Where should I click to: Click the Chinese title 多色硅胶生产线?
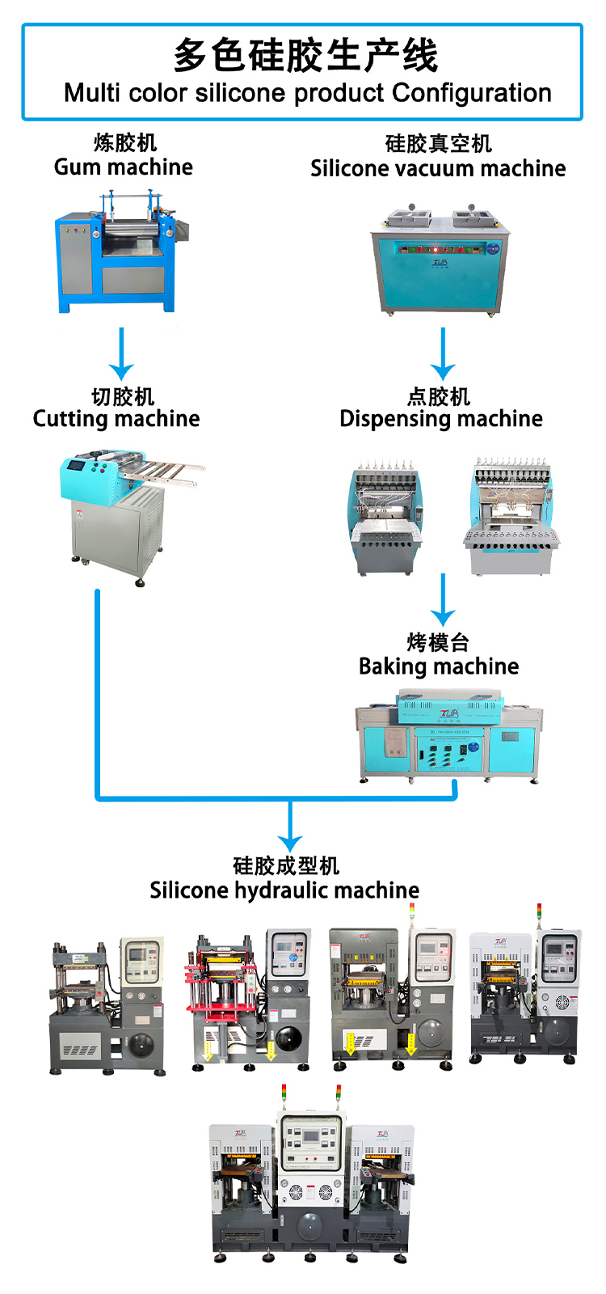pyautogui.click(x=305, y=56)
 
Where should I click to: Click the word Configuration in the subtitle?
pyautogui.click(x=472, y=93)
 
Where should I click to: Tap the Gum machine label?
pyautogui.click(x=124, y=167)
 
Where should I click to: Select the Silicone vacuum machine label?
pyautogui.click(x=438, y=168)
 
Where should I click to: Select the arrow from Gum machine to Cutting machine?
pyautogui.click(x=121, y=354)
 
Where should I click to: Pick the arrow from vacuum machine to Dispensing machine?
pyautogui.click(x=443, y=354)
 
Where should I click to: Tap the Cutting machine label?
pyautogui.click(x=116, y=418)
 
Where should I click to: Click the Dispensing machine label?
pyautogui.click(x=441, y=418)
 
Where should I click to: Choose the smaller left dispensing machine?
pyautogui.click(x=385, y=518)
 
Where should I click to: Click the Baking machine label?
pyautogui.click(x=439, y=666)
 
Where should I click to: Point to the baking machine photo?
pyautogui.click(x=448, y=736)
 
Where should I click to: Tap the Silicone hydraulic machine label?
pyautogui.click(x=284, y=890)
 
